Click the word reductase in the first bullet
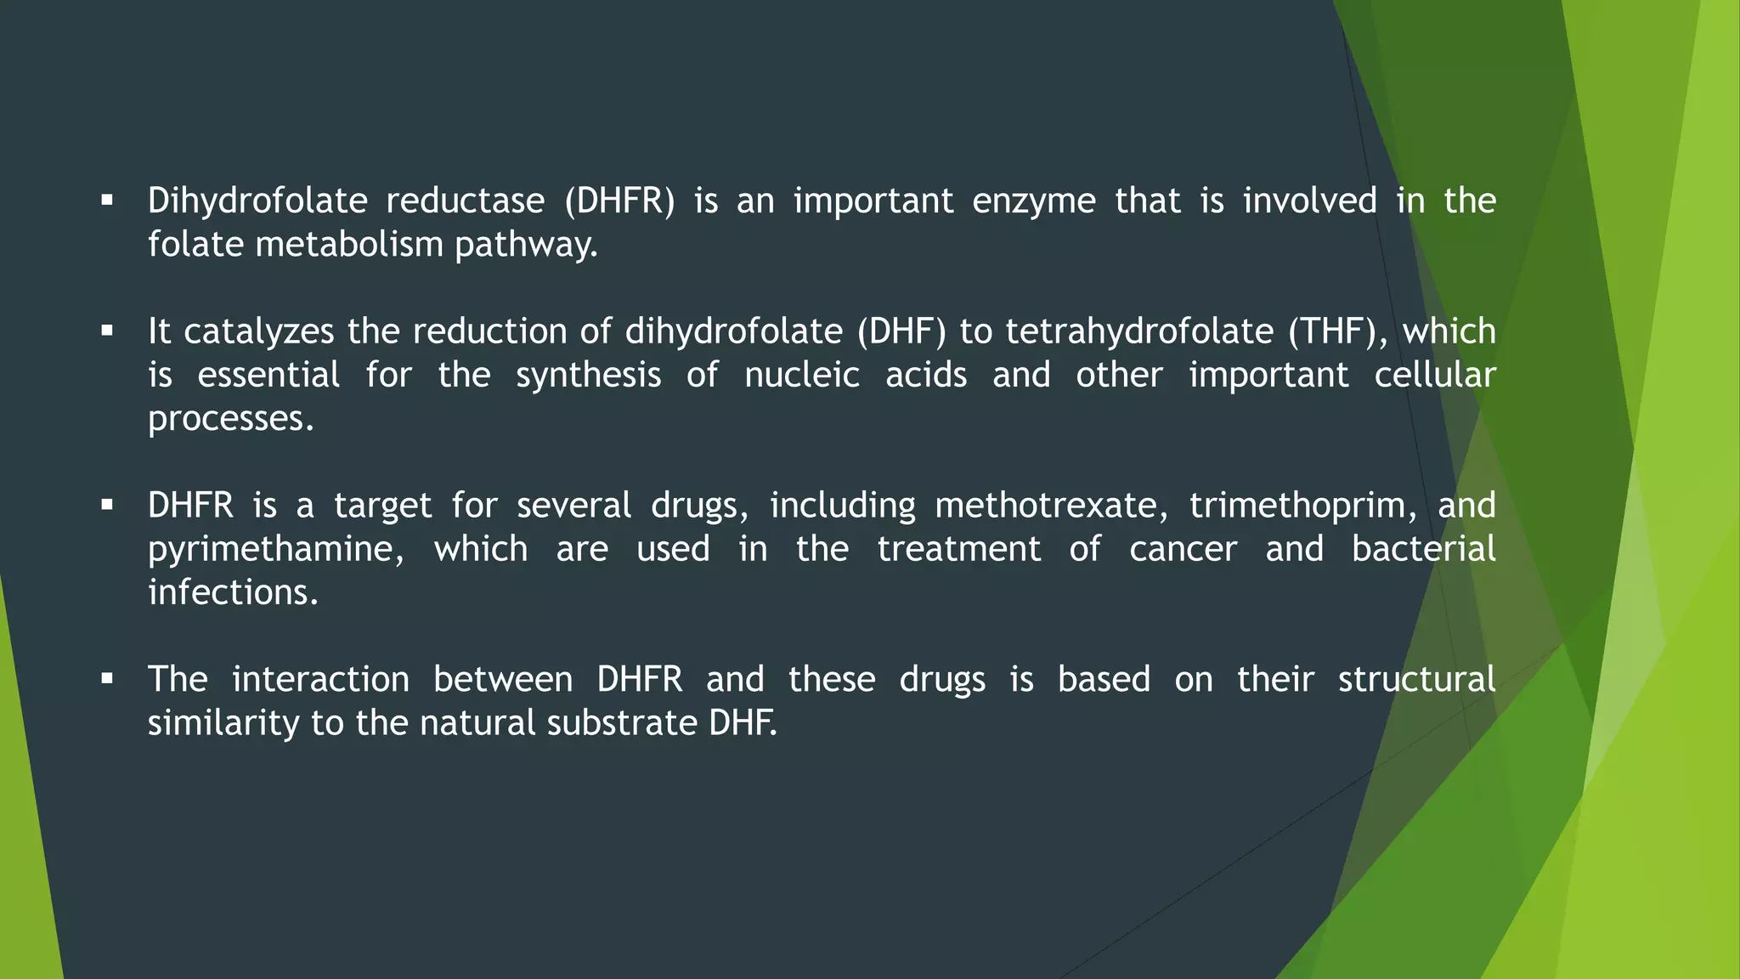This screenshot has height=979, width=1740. pos(465,201)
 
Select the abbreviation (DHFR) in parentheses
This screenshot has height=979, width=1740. pos(619,201)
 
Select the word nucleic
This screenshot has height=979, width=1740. pos(802,375)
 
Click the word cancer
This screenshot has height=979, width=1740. pos(1183,549)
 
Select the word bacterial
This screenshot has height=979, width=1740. pos(1423,549)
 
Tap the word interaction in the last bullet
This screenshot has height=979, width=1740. pos(320,680)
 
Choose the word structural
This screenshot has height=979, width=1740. pos(1416,680)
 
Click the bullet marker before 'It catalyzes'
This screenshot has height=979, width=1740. pos(106,331)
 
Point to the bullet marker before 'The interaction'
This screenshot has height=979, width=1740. pos(106,680)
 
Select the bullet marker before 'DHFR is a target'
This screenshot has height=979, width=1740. pos(106,506)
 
